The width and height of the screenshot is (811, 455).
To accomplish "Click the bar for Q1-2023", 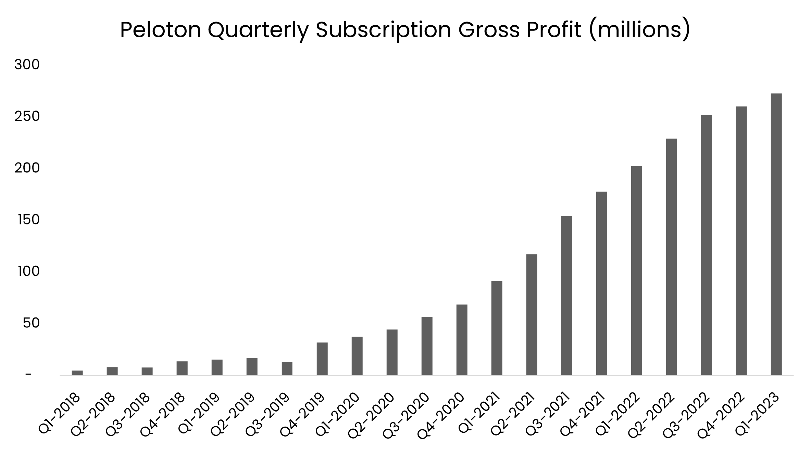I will pyautogui.click(x=776, y=234).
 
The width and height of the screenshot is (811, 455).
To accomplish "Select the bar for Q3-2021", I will pyautogui.click(x=566, y=296).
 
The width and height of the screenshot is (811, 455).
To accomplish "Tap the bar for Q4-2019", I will pyautogui.click(x=322, y=359).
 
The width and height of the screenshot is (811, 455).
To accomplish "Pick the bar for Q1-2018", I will pyautogui.click(x=77, y=373).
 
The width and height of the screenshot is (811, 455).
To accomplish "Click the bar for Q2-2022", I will pyautogui.click(x=671, y=257).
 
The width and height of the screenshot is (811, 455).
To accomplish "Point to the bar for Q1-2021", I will pyautogui.click(x=497, y=328).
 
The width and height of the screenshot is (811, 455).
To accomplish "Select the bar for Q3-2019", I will pyautogui.click(x=287, y=368).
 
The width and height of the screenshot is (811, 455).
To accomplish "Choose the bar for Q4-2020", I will pyautogui.click(x=462, y=340).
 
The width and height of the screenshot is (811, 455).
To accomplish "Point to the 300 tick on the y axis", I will pyautogui.click(x=27, y=65).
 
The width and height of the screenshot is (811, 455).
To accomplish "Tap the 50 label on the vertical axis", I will pyautogui.click(x=31, y=323).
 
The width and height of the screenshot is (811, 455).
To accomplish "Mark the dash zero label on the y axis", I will pyautogui.click(x=28, y=375).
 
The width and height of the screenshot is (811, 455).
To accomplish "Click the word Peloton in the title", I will pyautogui.click(x=160, y=30).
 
